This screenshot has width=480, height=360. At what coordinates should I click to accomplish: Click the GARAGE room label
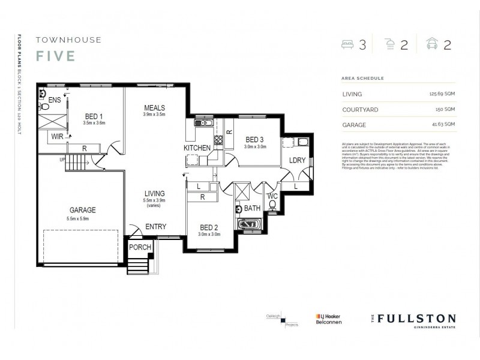point(82,210)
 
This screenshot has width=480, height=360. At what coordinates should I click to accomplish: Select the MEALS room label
point(154,107)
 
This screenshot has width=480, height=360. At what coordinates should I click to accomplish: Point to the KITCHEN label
point(197,148)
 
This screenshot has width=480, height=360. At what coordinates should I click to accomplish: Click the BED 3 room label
point(254,139)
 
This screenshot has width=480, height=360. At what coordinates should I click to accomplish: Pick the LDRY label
point(297,161)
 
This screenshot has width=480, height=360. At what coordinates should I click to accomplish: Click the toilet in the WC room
point(272,206)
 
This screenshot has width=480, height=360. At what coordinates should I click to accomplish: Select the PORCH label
point(140,247)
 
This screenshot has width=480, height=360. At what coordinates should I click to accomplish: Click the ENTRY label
point(155,227)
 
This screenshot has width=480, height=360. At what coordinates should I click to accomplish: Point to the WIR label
point(57,137)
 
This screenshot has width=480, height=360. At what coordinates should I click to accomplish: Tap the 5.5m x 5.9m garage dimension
point(82,219)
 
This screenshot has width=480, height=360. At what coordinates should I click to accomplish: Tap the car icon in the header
point(431,45)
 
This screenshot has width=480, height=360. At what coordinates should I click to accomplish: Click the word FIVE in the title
point(55,56)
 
